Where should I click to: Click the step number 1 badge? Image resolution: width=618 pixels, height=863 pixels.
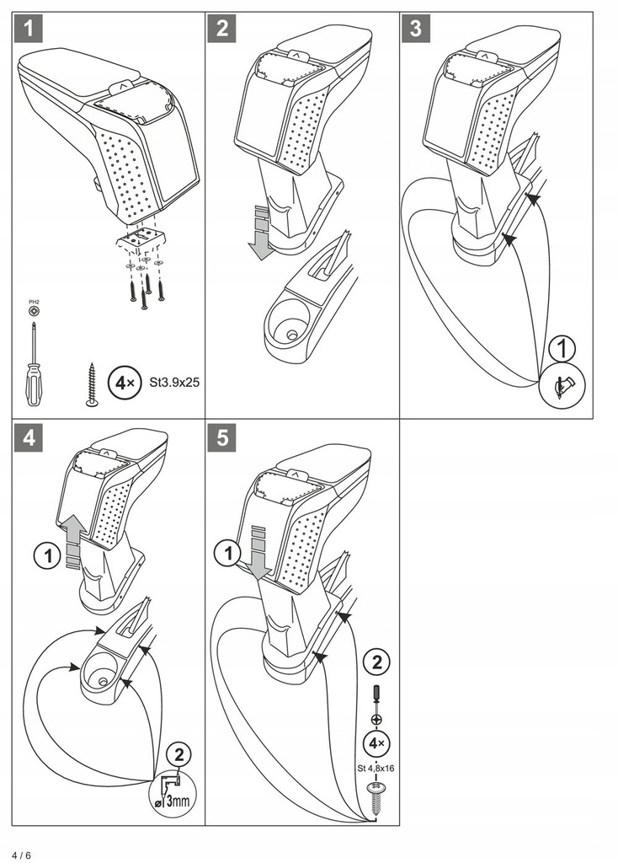29,30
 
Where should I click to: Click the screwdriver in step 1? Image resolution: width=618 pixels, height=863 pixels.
33,362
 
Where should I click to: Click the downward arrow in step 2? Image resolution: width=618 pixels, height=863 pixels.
262,233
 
